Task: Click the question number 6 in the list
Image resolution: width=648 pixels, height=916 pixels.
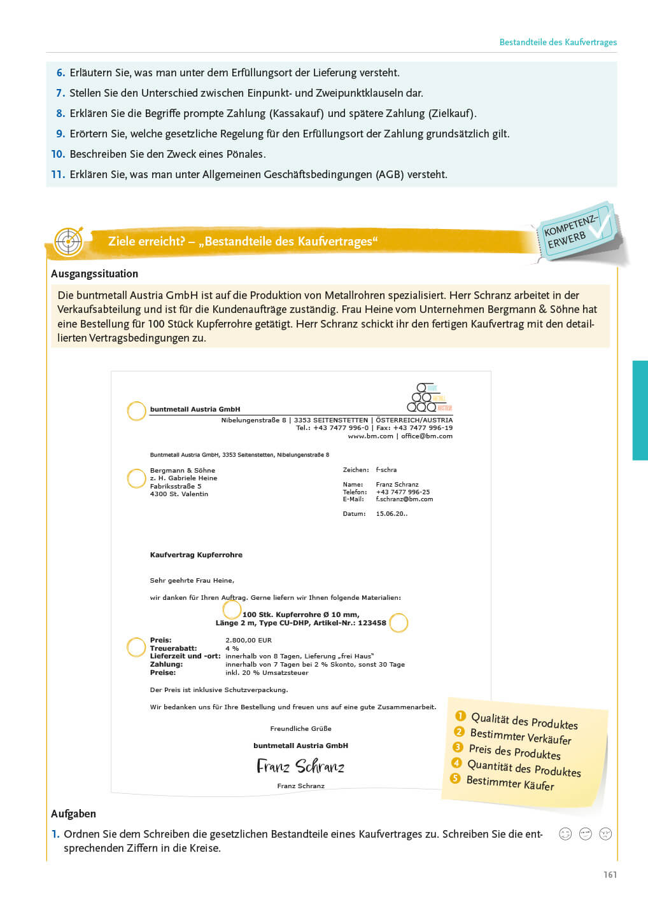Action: (61, 73)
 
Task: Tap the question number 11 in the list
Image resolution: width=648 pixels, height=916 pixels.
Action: (58, 174)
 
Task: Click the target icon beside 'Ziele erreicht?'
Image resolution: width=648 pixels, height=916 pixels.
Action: (68, 242)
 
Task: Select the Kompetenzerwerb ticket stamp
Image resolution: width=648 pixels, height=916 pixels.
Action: (576, 232)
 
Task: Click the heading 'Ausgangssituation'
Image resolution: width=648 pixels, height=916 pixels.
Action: (94, 274)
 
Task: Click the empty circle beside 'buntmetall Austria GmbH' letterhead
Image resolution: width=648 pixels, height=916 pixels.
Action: (136, 411)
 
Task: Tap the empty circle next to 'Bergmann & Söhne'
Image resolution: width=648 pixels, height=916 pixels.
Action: (136, 478)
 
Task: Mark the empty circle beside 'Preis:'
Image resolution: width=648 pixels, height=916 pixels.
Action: (136, 648)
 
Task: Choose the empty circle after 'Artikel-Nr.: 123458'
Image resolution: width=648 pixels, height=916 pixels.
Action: (398, 623)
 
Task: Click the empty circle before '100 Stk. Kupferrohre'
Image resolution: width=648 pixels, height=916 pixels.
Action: (232, 609)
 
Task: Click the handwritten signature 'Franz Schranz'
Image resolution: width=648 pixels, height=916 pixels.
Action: (300, 766)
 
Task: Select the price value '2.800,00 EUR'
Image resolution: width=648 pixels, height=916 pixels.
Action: (248, 641)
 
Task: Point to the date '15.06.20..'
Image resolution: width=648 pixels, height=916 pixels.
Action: (391, 514)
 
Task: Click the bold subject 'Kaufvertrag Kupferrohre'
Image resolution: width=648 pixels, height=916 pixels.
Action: (196, 555)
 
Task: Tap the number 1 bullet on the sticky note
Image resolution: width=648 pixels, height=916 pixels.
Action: (461, 716)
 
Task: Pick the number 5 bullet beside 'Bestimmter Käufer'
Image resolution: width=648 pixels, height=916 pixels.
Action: (455, 778)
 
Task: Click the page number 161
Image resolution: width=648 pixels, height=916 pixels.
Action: (610, 875)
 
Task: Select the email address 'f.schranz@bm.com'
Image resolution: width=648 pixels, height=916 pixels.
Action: (404, 499)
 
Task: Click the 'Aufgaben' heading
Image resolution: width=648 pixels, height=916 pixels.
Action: (73, 814)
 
